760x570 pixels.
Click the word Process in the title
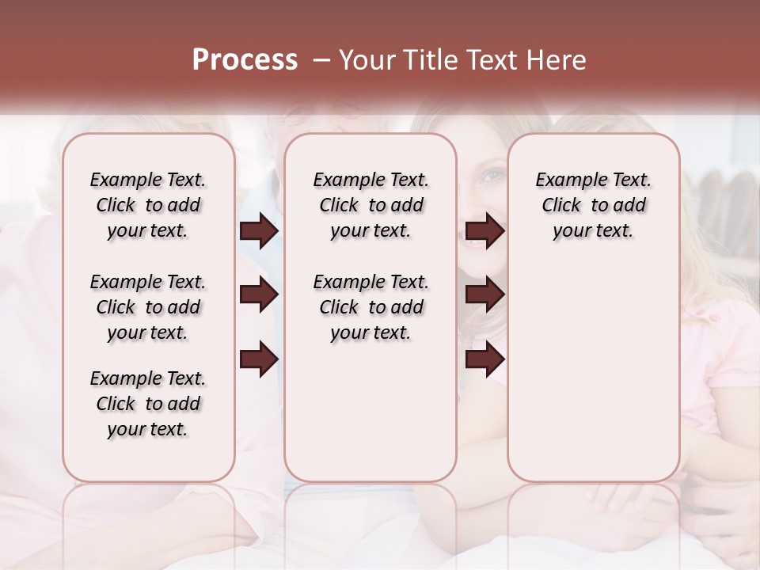click(x=245, y=60)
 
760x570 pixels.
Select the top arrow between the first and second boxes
click(x=259, y=231)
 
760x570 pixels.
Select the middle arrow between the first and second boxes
click(x=259, y=294)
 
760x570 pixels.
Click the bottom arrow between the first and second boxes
click(x=259, y=359)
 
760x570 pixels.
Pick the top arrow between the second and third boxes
click(x=484, y=231)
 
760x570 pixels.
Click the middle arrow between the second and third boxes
click(x=484, y=294)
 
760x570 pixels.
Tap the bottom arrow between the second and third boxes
click(x=484, y=359)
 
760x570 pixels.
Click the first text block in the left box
click(x=148, y=205)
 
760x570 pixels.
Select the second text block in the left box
click(x=148, y=307)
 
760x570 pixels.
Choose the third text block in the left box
click(x=148, y=404)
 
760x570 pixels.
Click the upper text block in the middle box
click(x=370, y=205)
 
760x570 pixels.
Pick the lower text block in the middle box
click(x=370, y=307)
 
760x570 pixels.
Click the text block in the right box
click(x=593, y=205)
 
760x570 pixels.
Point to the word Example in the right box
click(x=564, y=180)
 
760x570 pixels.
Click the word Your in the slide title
click(x=367, y=60)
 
